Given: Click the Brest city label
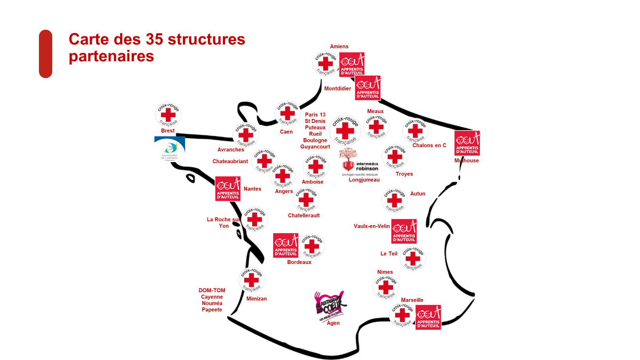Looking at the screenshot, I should tap(167, 131).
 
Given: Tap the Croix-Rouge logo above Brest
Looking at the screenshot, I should tap(167, 115).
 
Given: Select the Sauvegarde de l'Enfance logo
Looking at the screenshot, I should tap(170, 149).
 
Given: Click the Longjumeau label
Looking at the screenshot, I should tap(364, 180).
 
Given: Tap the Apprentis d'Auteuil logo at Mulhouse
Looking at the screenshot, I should tap(467, 143).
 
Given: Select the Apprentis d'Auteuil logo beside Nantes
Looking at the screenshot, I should tap(228, 189).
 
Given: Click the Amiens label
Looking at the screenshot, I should tap(339, 46).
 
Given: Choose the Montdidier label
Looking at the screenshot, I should tap(338, 89).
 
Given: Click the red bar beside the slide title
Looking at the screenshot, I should tap(45, 54).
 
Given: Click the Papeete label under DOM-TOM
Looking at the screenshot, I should tap(212, 310).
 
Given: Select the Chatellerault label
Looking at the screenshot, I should tap(303, 215).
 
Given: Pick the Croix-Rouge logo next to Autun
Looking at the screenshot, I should tap(395, 200).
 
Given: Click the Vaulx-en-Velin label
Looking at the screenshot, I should tap(372, 226).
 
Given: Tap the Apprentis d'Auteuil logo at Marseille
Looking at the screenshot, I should tap(428, 317).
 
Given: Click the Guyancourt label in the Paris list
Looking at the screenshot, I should tap(315, 147).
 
